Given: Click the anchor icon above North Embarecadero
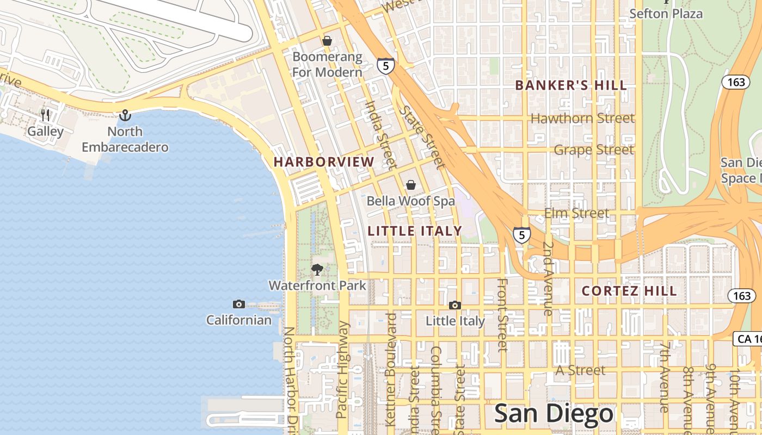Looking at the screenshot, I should pos(125,115).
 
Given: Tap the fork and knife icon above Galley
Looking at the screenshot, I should pos(46,115).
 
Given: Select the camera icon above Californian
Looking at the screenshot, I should pos(238,304).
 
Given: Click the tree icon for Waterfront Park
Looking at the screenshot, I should pos(317,269).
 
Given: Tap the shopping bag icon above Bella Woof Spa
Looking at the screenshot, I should pos(411,185).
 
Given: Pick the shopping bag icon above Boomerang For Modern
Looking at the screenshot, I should pos(327,41).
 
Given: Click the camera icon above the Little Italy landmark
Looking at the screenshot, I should pos(455,305).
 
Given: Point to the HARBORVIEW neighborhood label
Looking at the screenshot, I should pos(324,162).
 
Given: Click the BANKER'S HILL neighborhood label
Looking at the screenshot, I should pos(571,85).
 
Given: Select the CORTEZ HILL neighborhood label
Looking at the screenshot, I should pos(629,291).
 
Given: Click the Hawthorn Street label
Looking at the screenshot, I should pos(582,118).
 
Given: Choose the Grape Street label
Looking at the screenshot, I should pos(594,150).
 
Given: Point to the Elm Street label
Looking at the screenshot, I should pos(576,213).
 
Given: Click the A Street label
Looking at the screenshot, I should pos(580,370).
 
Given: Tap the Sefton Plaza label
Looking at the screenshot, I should pos(666,14).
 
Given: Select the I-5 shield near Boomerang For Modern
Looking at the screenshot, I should pos(385,66).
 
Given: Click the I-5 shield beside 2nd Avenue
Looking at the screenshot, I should pos(521,235).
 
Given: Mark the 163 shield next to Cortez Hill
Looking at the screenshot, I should pos(741,296).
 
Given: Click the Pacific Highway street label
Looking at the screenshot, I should pos(342,370).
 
